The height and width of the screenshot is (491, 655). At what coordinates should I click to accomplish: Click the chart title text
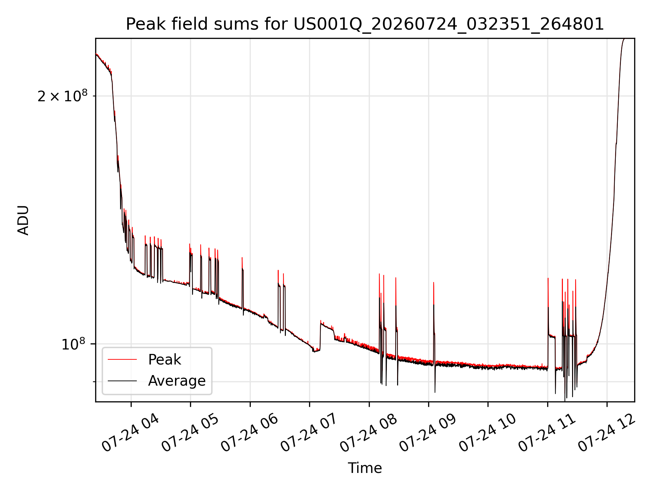365,24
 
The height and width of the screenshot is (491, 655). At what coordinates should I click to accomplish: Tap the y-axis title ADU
23,220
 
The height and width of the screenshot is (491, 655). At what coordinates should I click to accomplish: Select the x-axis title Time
365,468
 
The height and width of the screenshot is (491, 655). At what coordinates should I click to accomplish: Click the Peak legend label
164,360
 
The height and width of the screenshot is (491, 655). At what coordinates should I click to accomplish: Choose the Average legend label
177,381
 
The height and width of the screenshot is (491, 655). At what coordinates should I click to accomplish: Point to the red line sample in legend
122,359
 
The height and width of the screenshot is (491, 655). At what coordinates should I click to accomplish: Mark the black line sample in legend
122,381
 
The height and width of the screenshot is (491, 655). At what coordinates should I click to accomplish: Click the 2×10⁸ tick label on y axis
62,96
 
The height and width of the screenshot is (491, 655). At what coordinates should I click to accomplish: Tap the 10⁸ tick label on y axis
73,344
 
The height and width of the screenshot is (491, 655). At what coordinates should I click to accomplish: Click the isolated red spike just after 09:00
434,293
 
